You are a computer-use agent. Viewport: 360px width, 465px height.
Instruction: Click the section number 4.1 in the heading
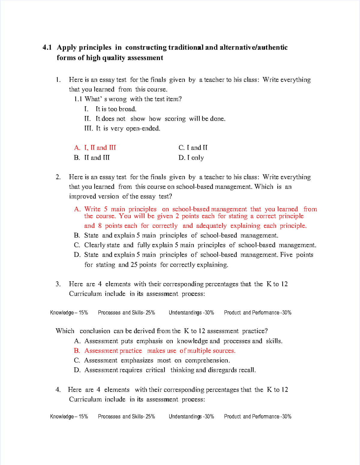point(47,47)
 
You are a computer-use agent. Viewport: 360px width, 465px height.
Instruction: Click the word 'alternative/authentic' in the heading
point(253,47)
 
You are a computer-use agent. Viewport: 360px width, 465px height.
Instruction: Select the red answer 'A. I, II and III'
point(95,148)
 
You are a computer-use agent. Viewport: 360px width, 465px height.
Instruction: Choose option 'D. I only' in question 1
point(191,158)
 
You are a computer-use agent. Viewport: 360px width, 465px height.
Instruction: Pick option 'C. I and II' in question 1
point(193,148)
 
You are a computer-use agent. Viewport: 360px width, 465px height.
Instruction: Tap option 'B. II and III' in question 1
point(92,158)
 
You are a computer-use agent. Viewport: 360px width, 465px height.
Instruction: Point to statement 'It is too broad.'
point(116,109)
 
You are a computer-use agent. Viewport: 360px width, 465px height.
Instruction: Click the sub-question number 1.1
point(78,99)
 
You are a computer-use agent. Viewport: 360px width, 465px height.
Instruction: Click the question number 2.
point(58,177)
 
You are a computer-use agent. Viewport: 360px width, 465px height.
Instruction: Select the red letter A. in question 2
point(77,209)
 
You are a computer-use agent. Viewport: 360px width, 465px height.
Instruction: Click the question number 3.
point(58,284)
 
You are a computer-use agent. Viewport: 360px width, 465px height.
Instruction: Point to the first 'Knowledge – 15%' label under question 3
point(69,313)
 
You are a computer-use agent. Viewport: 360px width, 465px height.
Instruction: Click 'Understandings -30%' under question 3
point(191,313)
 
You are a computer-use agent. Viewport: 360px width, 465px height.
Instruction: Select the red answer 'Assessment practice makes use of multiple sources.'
point(160,351)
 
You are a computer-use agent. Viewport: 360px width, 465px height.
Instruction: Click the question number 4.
point(58,390)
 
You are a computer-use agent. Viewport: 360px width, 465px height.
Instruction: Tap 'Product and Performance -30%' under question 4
point(258,416)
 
